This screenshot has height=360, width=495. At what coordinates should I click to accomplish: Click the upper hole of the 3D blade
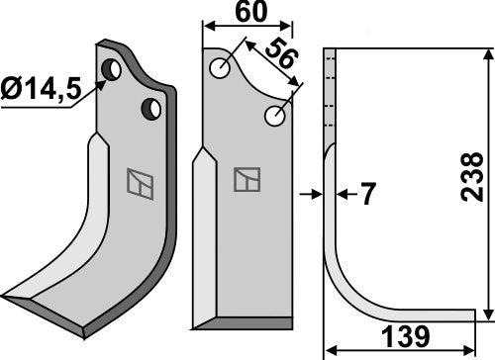pyautogui.click(x=114, y=70)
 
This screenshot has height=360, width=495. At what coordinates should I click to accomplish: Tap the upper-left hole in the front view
pyautogui.click(x=220, y=67)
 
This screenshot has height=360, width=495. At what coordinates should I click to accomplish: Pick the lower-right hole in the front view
pyautogui.click(x=275, y=118)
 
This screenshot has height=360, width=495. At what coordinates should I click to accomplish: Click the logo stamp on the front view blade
pyautogui.click(x=246, y=179)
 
